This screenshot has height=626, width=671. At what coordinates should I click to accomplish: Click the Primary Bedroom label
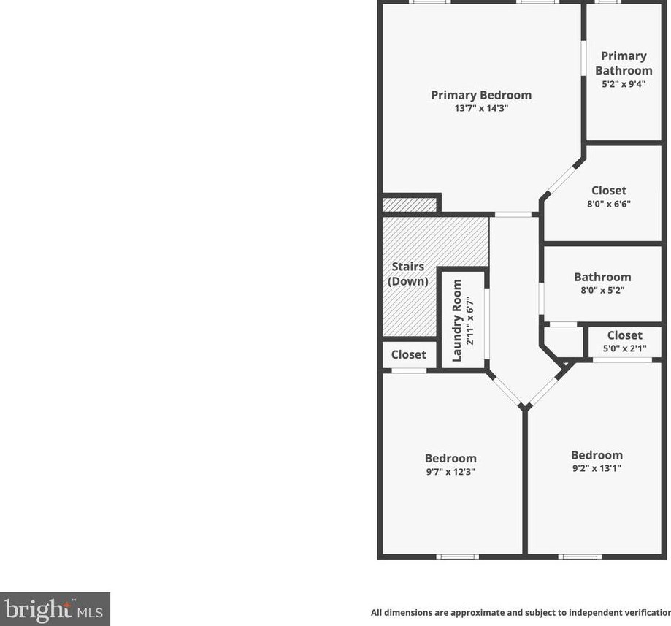480,95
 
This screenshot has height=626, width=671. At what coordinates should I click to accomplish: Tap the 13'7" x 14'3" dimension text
480,109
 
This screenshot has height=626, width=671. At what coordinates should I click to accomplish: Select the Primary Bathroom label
624,63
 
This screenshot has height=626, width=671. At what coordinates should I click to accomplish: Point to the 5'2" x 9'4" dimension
624,84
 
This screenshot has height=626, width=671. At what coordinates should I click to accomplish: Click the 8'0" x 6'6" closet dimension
608,205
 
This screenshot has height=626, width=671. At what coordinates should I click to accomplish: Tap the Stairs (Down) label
407,274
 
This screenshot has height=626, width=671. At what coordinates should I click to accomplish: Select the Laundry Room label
458,320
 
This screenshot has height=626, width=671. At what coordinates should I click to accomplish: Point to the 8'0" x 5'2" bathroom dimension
602,290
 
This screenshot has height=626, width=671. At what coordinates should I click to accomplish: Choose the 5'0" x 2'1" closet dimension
624,348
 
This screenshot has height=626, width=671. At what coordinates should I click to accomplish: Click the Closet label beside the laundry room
408,354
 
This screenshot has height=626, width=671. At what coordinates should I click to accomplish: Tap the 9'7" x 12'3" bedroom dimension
450,472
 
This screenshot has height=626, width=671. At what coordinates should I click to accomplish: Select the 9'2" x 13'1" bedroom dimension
597,468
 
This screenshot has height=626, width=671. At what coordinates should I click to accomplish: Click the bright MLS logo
55,608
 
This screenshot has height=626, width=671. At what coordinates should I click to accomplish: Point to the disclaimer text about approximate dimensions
520,613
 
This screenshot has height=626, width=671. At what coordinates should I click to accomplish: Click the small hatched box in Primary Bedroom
410,204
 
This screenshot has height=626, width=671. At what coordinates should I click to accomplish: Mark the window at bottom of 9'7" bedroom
458,557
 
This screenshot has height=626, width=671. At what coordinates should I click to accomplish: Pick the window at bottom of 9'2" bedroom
580,557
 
